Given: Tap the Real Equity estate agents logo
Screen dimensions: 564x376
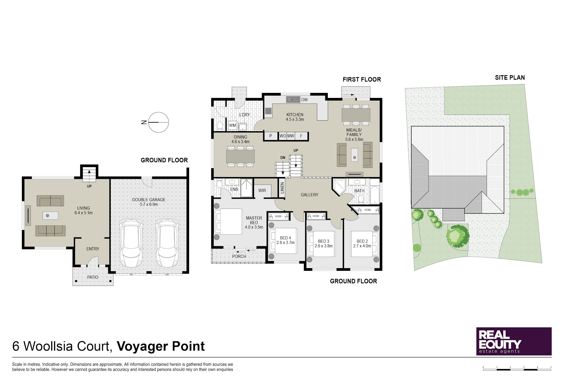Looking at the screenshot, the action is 514,341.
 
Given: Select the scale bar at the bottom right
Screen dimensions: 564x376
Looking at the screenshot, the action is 517,368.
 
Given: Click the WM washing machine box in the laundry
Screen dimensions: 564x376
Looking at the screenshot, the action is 232,125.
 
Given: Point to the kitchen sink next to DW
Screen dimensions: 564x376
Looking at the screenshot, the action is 293,99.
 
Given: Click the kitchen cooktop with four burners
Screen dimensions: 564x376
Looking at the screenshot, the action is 268,111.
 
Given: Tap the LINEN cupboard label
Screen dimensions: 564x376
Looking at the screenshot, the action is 282,188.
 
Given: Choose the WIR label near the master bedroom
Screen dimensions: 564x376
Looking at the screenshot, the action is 262,190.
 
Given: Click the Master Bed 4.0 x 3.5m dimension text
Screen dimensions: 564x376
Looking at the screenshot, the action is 254,227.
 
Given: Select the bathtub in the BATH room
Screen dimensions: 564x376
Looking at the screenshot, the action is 375,195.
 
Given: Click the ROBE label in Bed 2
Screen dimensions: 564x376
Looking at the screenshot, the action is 368,210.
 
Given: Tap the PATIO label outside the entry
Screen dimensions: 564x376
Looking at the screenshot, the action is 93,277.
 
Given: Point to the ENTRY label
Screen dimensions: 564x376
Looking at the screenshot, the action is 93,249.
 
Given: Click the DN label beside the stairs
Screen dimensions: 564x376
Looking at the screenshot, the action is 283,157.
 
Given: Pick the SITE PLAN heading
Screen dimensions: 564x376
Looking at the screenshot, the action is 510,78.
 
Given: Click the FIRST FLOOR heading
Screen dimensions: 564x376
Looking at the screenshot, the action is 362,79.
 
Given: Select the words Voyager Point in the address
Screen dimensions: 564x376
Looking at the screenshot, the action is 161,346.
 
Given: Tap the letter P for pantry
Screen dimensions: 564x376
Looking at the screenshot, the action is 271,136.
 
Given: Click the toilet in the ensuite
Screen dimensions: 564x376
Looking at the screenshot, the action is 219,184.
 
